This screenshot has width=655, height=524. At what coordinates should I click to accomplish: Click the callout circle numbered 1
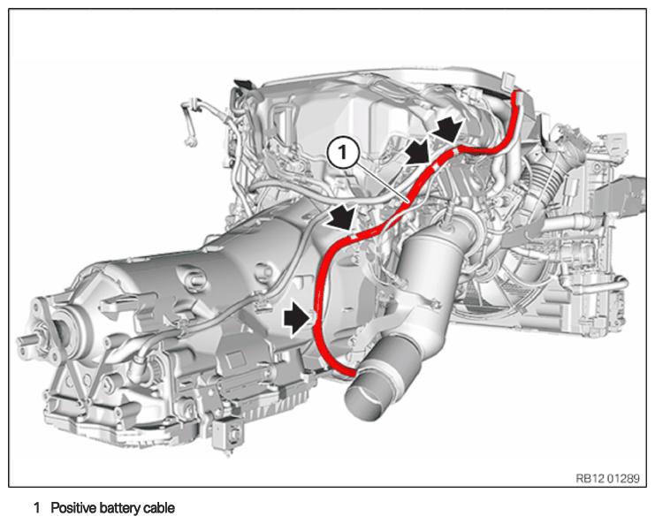tap(343, 153)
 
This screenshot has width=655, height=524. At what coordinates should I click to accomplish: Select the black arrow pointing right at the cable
tap(297, 319)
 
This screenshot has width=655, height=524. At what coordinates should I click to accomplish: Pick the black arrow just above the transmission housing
tap(341, 216)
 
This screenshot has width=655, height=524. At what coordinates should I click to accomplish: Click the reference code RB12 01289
tap(607, 478)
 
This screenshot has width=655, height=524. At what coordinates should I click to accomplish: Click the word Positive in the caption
tap(72, 508)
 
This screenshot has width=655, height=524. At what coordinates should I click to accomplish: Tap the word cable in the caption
tap(159, 508)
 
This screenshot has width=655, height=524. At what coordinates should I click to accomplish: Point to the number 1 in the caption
tap(37, 508)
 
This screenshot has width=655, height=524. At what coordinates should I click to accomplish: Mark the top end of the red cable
tap(518, 92)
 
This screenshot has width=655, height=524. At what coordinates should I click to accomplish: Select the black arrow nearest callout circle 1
tap(419, 152)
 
